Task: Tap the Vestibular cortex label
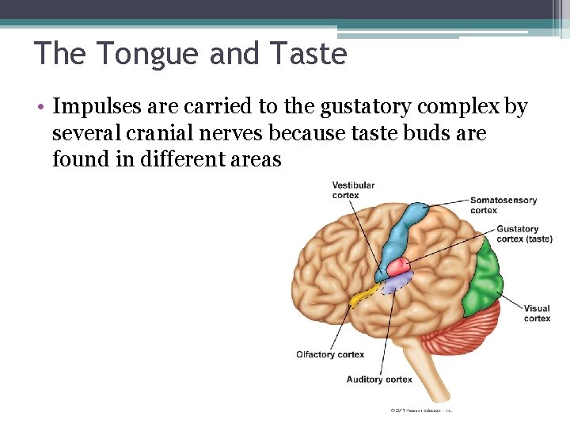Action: click(353, 190)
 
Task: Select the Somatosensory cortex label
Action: click(503, 205)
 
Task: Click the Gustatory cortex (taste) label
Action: click(523, 234)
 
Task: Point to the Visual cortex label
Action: click(537, 313)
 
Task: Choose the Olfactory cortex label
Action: click(330, 354)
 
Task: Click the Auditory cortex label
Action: click(379, 380)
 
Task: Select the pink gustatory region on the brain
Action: click(397, 266)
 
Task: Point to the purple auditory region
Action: click(396, 281)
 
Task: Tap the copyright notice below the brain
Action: click(420, 410)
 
